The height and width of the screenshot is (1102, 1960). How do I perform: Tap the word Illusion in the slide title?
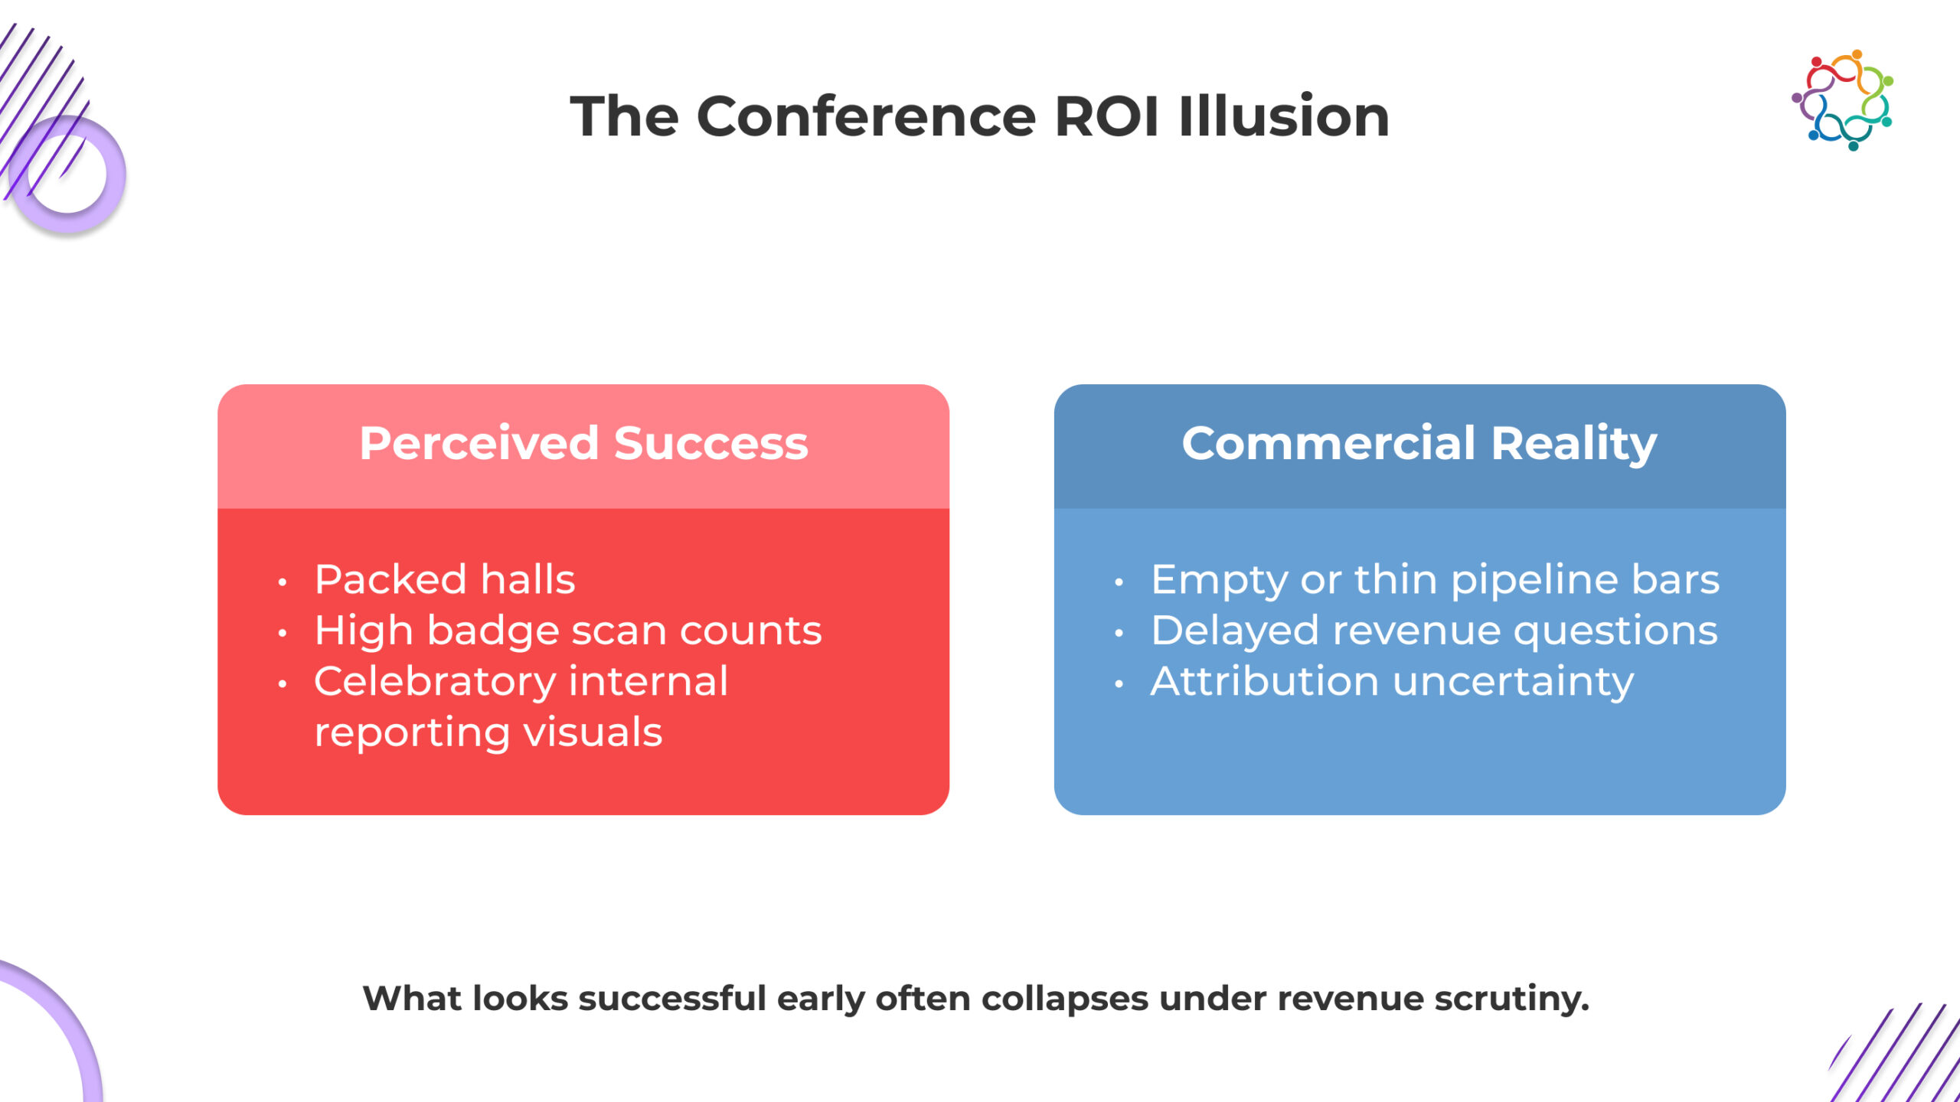(1284, 116)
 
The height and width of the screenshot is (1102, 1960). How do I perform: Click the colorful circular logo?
(1843, 100)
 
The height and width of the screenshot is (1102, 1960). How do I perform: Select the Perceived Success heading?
(583, 443)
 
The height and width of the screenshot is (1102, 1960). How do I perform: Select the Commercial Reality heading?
(1419, 445)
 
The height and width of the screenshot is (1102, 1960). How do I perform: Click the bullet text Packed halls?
(445, 579)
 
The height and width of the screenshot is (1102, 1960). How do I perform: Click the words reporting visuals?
(488, 733)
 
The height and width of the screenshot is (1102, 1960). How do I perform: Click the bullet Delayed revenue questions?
(1434, 632)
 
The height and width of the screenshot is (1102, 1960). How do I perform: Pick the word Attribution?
(1265, 682)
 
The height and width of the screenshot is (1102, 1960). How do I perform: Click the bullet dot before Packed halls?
(283, 582)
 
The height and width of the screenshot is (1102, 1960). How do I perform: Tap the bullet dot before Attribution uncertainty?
(1119, 684)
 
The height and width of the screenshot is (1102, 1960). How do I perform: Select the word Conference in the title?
(866, 117)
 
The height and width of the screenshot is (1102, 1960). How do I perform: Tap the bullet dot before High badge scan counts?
(283, 634)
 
